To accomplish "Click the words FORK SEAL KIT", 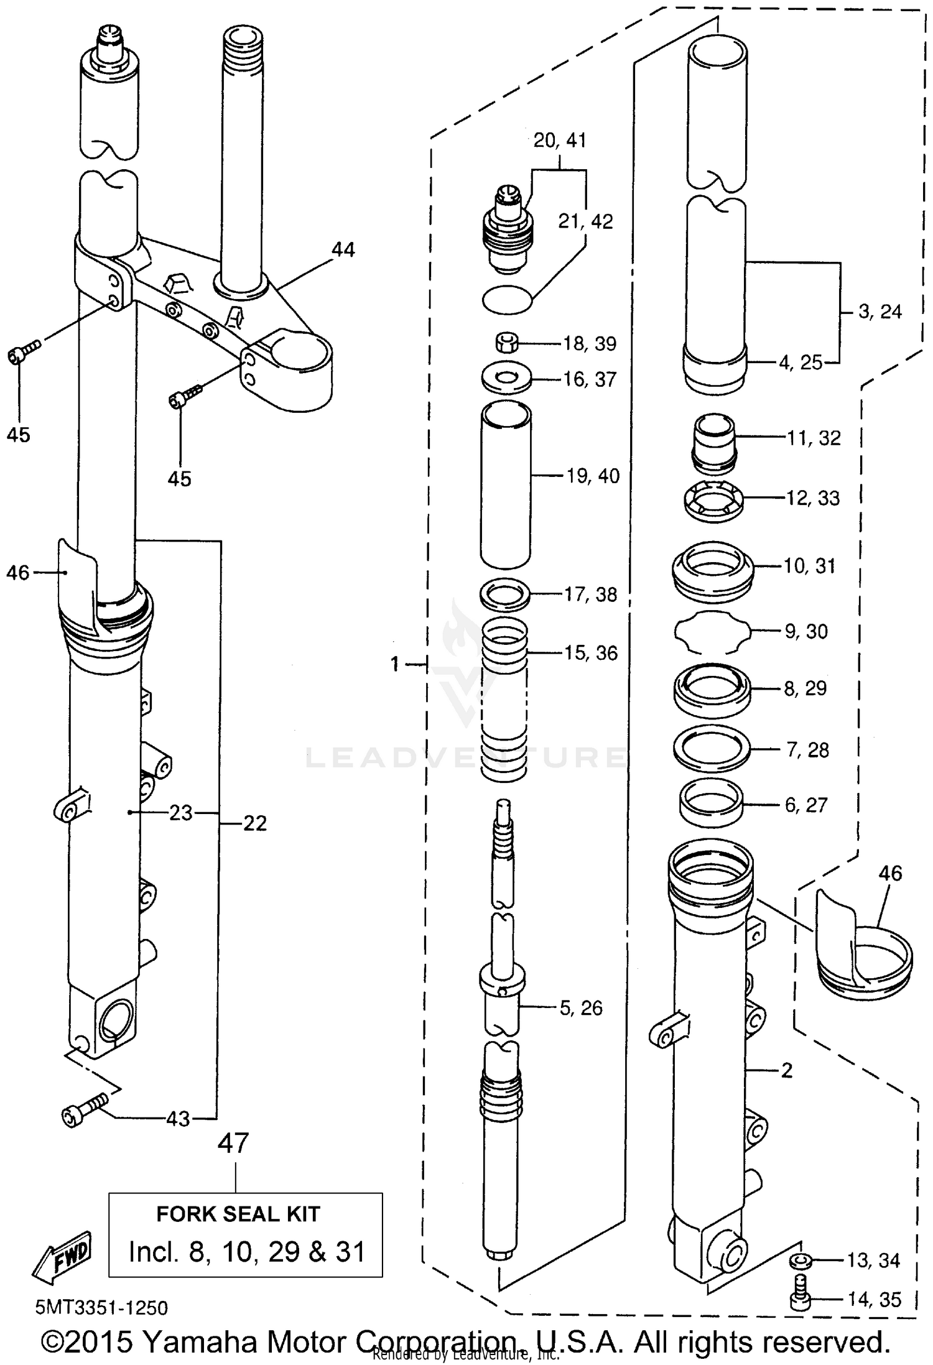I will (238, 1214).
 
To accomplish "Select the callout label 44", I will (343, 250).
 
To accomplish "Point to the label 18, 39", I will (589, 344).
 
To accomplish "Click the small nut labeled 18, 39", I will (506, 342).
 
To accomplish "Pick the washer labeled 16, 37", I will (506, 379).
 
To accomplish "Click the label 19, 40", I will (593, 476).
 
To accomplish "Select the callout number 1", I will (395, 664).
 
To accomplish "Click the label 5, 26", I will (581, 1008).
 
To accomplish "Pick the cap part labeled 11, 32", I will (714, 443).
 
